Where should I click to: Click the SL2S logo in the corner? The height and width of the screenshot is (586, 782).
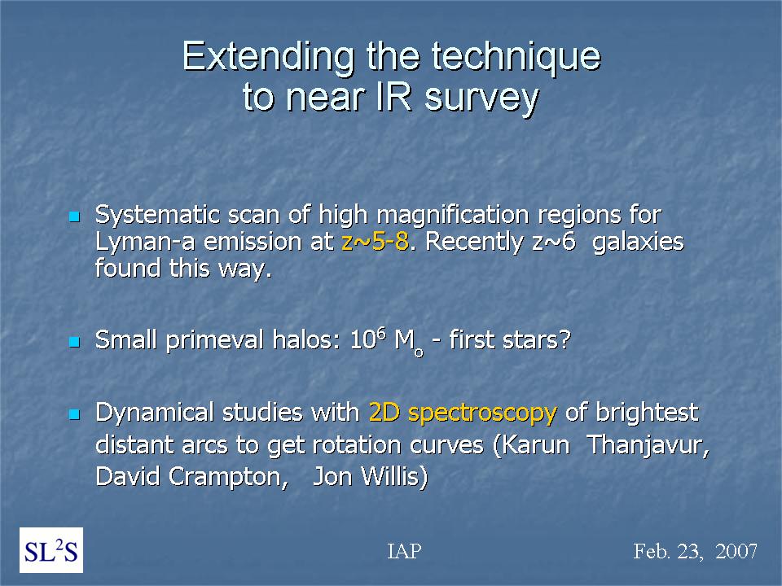coord(51,550)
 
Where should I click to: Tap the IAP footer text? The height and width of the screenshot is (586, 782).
coord(405,551)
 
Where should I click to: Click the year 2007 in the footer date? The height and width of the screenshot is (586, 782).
coord(736,551)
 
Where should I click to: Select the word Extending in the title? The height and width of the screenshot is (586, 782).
coord(268,57)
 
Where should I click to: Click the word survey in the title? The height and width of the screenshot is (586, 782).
coord(481,99)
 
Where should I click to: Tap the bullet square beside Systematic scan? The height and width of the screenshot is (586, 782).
coord(74,216)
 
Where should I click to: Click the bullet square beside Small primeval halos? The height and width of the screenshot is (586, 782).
coord(74,342)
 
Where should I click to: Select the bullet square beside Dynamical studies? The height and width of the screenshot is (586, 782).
coord(74,414)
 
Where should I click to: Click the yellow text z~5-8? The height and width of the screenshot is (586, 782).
coord(375,242)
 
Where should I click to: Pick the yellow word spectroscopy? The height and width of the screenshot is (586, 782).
coord(482,414)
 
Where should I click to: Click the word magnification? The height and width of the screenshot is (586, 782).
coord(452,216)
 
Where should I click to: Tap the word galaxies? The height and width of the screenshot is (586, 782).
coord(639,243)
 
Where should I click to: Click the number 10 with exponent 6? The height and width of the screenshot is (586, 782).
coord(368,339)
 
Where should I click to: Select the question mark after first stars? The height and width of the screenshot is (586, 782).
coord(564,340)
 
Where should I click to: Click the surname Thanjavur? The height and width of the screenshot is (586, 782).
coord(648,445)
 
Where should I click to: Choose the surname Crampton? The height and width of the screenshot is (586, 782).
coord(228,478)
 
